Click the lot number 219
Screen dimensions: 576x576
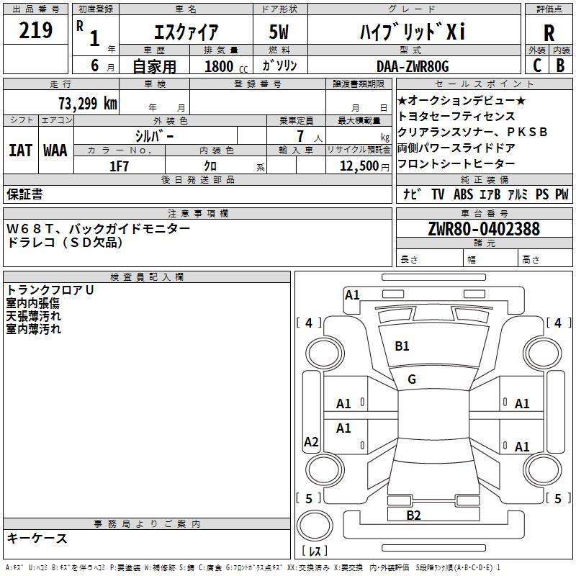36,30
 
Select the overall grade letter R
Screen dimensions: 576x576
549,33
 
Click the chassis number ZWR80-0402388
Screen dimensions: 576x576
484,230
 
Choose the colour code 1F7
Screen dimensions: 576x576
119,166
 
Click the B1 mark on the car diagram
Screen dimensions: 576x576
402,346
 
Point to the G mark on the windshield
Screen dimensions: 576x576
412,379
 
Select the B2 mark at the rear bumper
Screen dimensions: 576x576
413,515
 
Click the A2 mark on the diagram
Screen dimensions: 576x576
311,442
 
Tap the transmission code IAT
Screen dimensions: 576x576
20,150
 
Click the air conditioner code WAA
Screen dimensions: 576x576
55,150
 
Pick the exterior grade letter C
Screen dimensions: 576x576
536,66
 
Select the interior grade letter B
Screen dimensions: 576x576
561,66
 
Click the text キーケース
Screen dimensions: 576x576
37,538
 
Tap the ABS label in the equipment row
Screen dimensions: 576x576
463,194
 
